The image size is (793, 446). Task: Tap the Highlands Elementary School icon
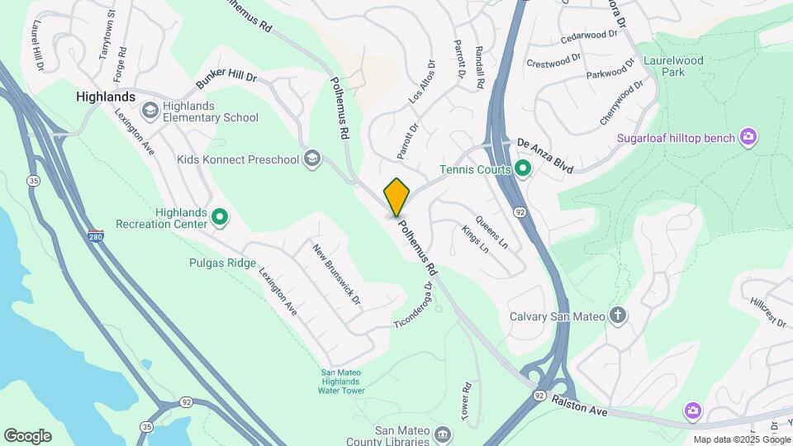(x=150, y=110)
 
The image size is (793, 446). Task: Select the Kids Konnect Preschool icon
(x=312, y=158)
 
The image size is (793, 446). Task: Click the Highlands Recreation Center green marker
(x=220, y=217)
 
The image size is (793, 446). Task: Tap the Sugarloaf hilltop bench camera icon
(x=748, y=136)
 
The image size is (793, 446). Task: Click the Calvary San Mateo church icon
(x=617, y=315)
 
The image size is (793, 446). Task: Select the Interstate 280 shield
(x=96, y=236)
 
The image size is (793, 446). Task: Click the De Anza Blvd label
(x=545, y=154)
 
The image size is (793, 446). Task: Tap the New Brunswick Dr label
(x=336, y=273)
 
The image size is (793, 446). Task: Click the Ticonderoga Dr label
(x=414, y=306)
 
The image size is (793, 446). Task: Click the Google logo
(x=27, y=435)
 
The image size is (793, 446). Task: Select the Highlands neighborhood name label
(x=106, y=97)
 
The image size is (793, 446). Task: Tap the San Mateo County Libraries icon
(x=442, y=434)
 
